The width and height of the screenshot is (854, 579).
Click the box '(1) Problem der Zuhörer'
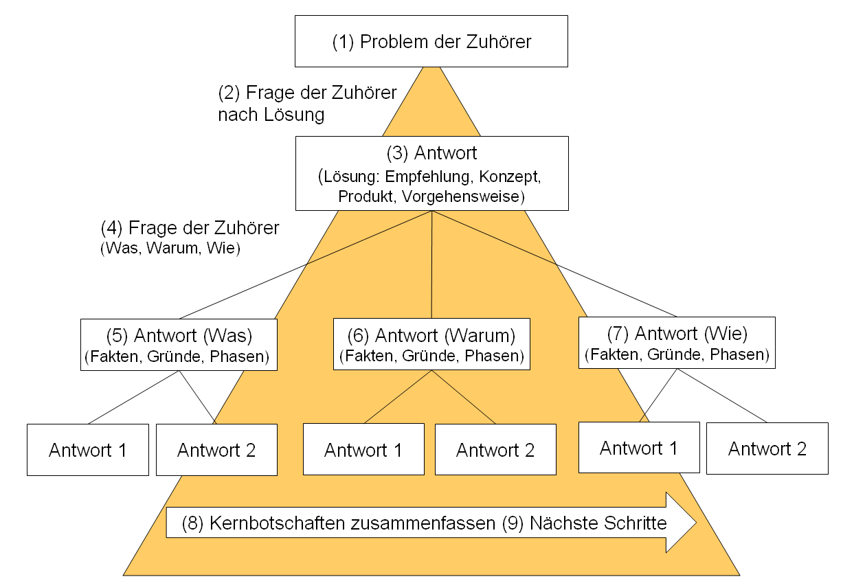coord(431,41)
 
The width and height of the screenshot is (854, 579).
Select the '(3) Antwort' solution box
coord(431,173)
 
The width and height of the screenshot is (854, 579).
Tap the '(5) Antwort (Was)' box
coord(179,345)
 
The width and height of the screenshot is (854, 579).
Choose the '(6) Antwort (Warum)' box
coord(431,344)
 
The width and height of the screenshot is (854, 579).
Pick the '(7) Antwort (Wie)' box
coord(677,343)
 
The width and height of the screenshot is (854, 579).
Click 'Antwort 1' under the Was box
coord(88,450)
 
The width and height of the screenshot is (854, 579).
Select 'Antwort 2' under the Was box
coord(216,450)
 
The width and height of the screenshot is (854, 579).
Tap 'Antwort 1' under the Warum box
coord(363,449)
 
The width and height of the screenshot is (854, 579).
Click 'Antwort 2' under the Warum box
coord(495,449)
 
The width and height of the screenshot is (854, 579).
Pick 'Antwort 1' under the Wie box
coord(639,447)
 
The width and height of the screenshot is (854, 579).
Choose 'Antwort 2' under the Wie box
coord(767,448)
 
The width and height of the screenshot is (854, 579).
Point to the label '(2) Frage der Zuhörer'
coord(307,93)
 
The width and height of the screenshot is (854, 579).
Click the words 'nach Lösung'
coord(271,114)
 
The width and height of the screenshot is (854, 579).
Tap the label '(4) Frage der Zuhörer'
coord(190,227)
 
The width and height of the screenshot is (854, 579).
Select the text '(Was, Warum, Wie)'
coord(170,249)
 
